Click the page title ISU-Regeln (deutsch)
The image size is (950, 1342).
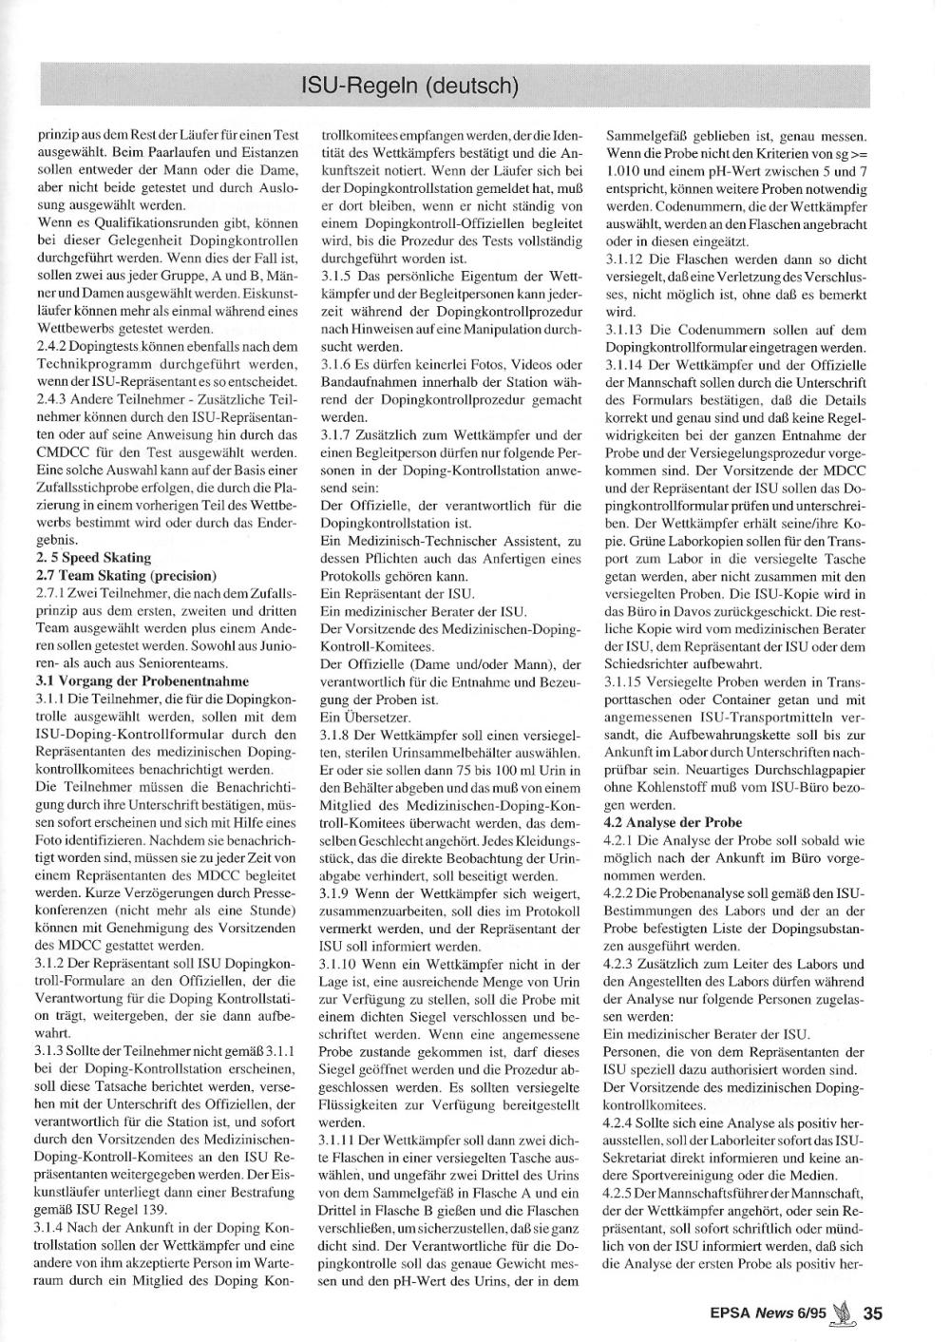click(409, 86)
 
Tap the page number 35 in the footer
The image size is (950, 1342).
click(873, 1313)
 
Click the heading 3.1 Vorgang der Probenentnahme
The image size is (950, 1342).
click(142, 681)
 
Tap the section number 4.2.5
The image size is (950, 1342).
click(621, 1193)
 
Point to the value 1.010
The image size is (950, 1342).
click(622, 171)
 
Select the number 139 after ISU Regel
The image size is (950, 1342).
click(155, 1209)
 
